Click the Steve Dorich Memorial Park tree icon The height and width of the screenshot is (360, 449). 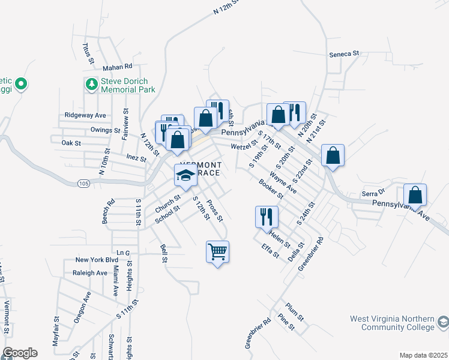[92, 85]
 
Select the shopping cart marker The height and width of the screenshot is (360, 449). [217, 251]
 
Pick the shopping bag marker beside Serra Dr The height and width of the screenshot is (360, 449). [415, 195]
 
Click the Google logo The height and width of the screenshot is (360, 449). [20, 353]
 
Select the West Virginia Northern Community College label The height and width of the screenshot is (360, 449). [393, 323]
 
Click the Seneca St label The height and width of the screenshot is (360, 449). [343, 53]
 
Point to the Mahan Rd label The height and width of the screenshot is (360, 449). [116, 67]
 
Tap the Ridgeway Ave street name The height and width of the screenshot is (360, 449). [85, 115]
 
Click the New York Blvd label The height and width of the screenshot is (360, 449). [97, 260]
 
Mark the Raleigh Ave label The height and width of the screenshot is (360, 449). [91, 272]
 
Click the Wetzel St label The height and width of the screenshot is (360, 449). [244, 146]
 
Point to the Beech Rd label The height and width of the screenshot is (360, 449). [108, 212]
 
